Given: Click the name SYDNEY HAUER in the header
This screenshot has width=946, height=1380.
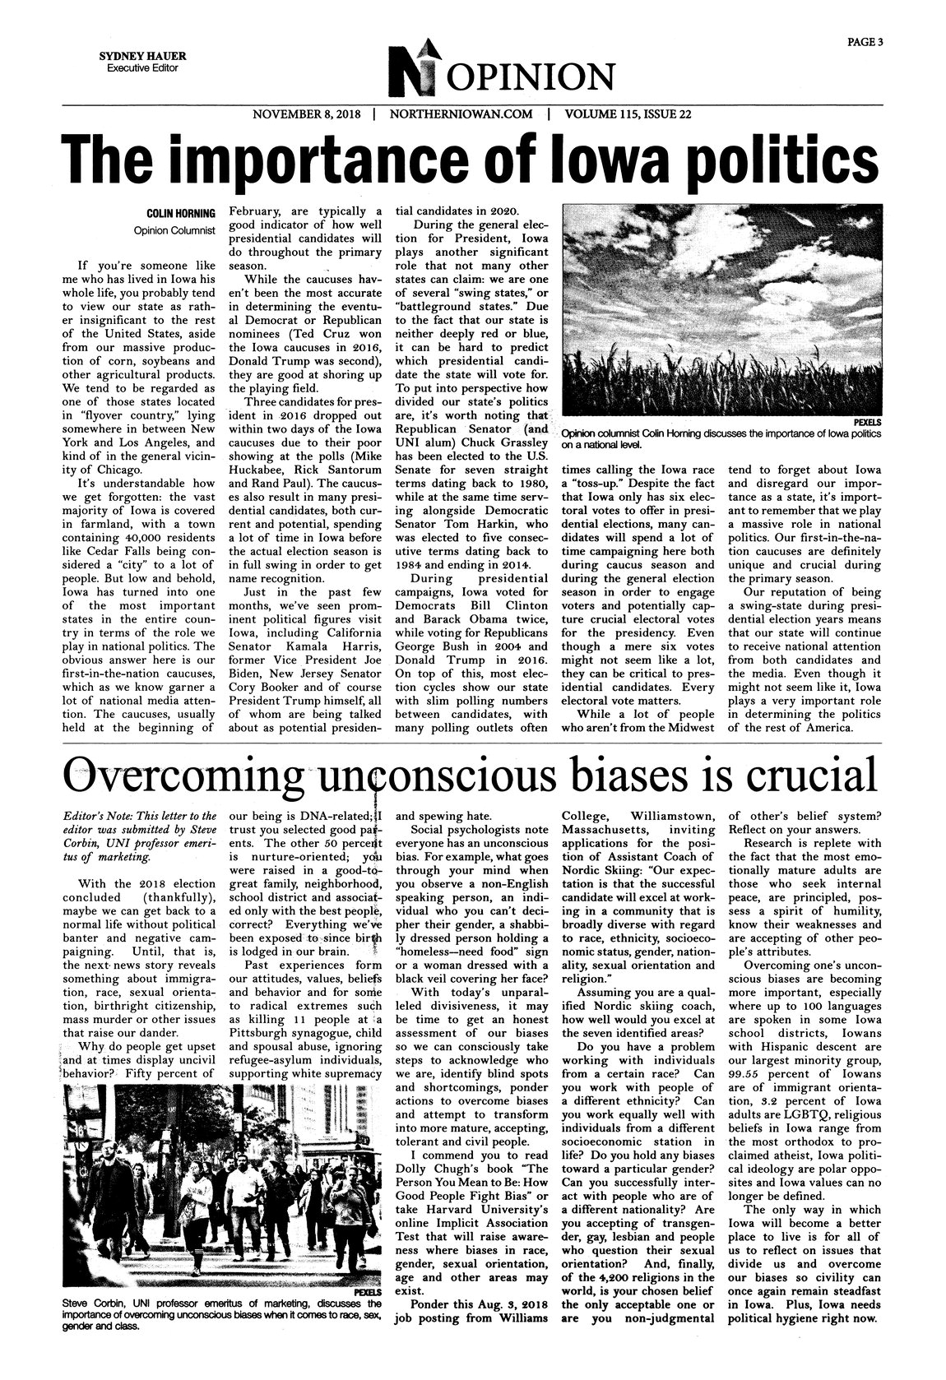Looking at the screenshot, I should click(x=142, y=56).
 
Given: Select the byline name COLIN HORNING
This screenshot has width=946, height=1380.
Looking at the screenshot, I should click(x=181, y=214).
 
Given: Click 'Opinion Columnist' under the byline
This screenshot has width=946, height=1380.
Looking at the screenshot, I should click(x=174, y=230).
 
